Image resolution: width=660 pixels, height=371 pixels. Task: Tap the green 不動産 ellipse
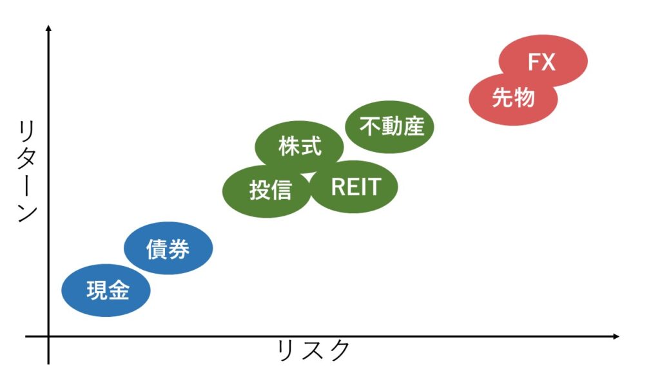[389, 127]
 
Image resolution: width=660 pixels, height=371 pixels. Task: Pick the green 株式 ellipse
[299, 145]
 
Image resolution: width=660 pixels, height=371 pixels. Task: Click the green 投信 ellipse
[266, 191]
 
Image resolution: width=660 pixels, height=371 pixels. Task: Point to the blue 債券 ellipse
[168, 248]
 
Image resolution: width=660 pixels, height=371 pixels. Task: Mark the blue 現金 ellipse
[106, 290]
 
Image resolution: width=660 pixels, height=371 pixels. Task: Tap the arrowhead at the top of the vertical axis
[48, 28]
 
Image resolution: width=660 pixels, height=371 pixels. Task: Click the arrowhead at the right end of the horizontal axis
[616, 336]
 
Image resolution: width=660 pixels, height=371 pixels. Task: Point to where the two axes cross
[48, 336]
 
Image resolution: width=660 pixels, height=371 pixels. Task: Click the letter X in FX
[548, 62]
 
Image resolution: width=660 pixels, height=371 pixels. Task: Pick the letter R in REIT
[338, 187]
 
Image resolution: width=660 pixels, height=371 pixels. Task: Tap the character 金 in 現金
[119, 290]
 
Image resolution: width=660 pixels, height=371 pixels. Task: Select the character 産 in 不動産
[413, 126]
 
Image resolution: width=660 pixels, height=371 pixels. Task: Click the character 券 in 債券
[179, 249]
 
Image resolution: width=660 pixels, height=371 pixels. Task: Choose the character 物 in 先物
[525, 98]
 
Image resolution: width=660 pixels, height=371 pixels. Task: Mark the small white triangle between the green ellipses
[310, 176]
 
